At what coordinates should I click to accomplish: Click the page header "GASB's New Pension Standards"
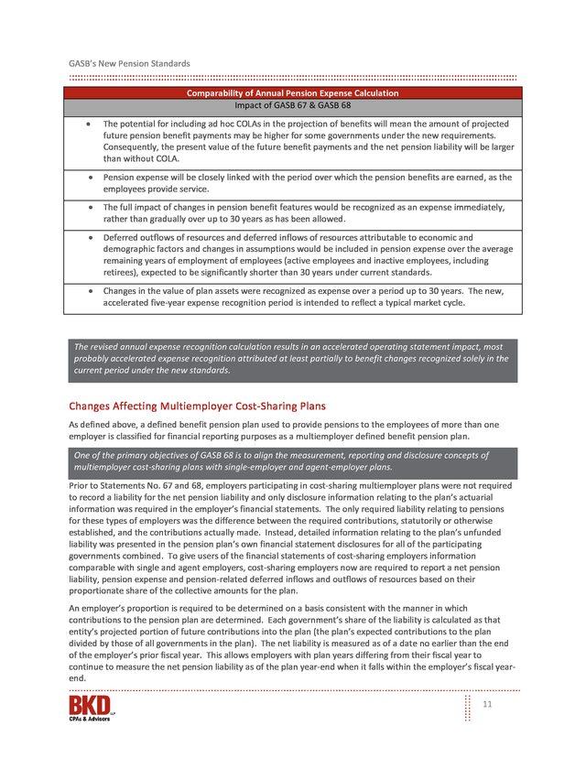(129, 63)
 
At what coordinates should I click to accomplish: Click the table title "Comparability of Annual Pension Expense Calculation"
(292, 93)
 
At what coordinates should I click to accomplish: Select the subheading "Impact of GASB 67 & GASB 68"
(292, 105)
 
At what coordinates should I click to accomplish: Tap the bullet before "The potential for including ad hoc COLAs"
(87, 124)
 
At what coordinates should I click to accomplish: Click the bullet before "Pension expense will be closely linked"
(90, 177)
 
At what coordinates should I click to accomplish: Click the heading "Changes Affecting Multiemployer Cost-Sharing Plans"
(197, 406)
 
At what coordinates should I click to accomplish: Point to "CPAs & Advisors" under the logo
(89, 719)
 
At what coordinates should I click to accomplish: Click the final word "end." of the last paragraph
(78, 678)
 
